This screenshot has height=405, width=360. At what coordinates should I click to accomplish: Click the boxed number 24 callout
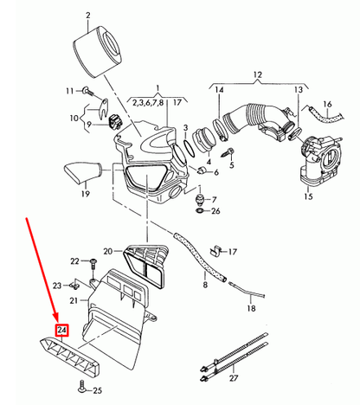[x=61, y=330]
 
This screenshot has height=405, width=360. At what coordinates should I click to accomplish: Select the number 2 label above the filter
[x=87, y=15]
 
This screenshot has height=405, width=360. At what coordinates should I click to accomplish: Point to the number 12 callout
[x=254, y=77]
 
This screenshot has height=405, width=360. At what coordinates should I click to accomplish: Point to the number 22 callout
[x=75, y=260]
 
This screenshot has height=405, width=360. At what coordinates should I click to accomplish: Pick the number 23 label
[x=57, y=285]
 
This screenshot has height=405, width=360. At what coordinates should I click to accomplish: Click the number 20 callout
[x=108, y=252]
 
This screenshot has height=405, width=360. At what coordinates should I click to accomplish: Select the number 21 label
[x=74, y=300]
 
